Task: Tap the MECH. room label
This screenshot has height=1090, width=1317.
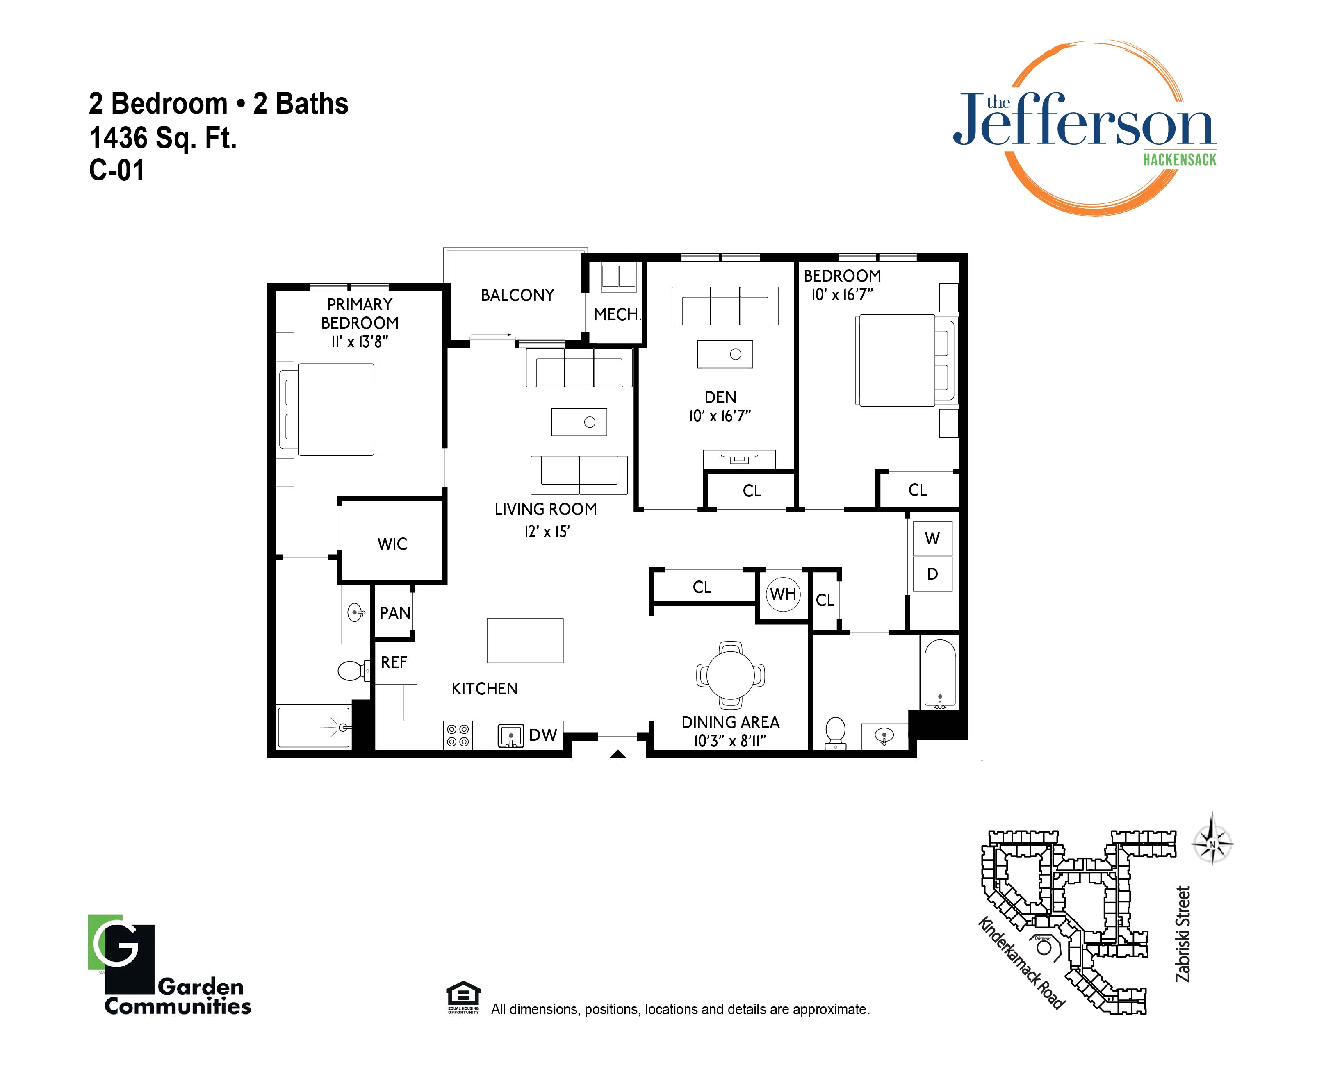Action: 617,314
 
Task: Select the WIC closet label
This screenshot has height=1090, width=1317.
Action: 392,544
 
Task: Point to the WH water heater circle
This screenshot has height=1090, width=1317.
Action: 783,594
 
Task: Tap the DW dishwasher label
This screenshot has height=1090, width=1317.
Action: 543,735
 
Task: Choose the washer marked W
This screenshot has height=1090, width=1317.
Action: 932,538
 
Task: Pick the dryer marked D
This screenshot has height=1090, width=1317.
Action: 932,573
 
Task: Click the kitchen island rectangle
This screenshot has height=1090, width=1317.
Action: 525,640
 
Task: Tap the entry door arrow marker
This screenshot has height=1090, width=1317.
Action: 618,754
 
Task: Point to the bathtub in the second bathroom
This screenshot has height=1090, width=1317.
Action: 939,674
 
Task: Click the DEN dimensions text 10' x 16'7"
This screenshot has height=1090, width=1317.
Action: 720,416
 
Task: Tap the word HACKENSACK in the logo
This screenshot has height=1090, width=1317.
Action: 1179,159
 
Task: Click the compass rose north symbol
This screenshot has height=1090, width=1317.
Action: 1212,844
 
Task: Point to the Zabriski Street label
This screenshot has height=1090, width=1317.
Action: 1183,933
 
